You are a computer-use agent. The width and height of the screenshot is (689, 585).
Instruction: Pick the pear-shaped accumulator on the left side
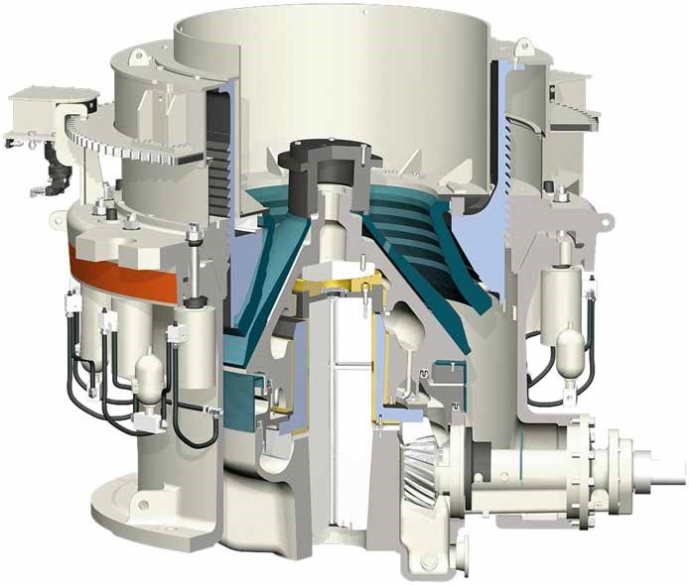pyautogui.click(x=149, y=375)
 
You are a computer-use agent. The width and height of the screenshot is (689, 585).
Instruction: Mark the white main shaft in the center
pyautogui.click(x=340, y=416)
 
